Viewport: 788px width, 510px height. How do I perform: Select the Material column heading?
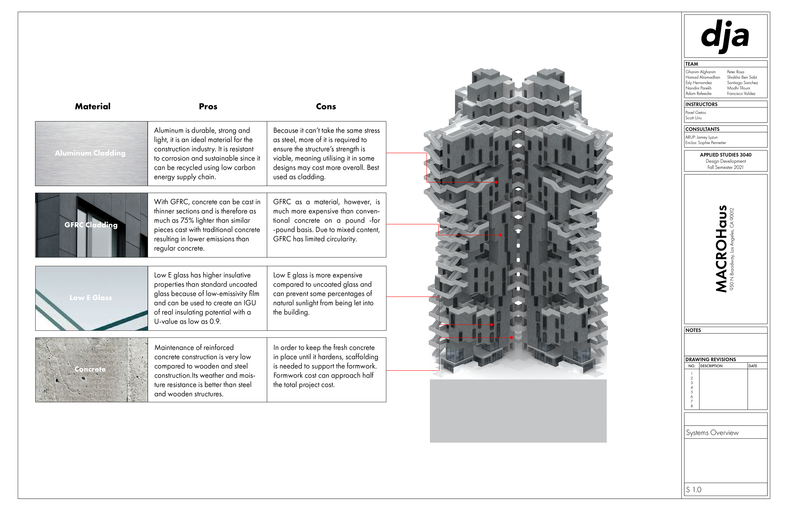point(93,106)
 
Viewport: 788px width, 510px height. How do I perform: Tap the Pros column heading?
point(208,106)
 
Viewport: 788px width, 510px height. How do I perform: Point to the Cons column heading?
point(326,106)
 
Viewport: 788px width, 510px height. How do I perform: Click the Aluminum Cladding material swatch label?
point(90,153)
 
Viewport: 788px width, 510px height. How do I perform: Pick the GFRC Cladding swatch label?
point(91,225)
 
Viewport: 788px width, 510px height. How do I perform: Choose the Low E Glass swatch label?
point(91,298)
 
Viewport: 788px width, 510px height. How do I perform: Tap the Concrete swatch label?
point(90,369)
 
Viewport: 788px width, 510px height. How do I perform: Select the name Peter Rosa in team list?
point(735,72)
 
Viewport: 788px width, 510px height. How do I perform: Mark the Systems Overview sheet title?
point(712,432)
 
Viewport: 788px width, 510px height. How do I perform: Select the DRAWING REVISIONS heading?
point(710,359)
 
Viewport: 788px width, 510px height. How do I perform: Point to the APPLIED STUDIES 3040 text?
point(725,155)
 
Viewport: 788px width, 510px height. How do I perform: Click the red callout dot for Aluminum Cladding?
point(496,182)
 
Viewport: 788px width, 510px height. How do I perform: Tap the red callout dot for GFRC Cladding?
point(500,235)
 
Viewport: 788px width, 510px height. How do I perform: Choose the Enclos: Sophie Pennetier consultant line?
point(706,143)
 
